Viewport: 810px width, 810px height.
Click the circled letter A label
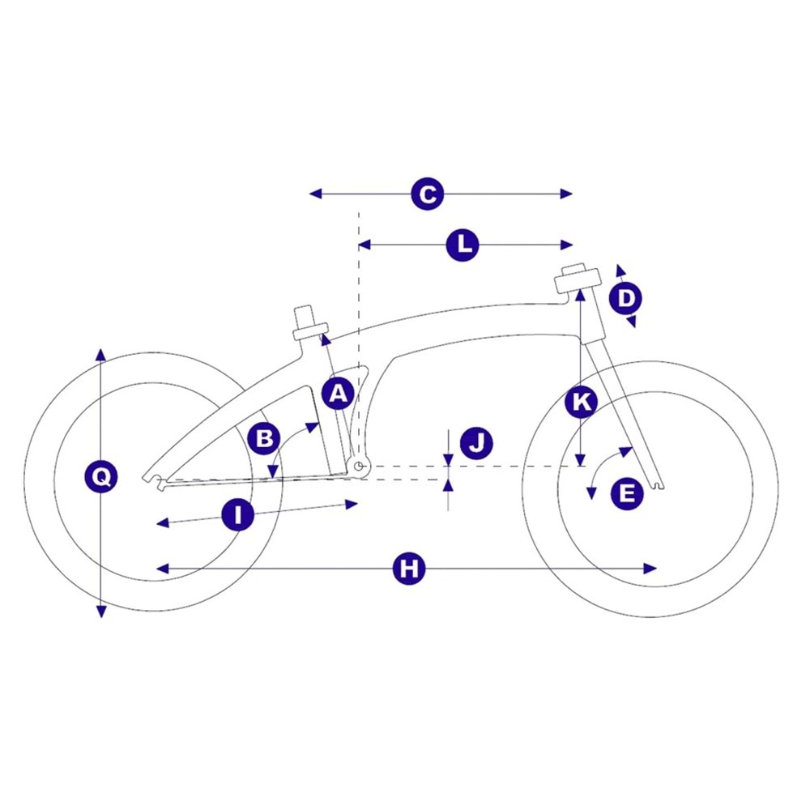point(338,394)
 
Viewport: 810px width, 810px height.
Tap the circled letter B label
point(264,438)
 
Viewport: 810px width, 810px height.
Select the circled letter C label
point(427,194)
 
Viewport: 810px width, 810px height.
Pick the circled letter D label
point(625,299)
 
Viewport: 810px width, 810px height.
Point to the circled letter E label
point(626,493)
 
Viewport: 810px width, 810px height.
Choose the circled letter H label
point(409,569)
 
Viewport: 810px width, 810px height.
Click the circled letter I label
point(237,514)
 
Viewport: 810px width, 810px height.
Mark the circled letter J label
point(476,442)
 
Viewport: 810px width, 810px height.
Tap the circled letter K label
point(581,402)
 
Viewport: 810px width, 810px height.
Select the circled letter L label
point(463,245)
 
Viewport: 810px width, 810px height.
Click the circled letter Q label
point(100,477)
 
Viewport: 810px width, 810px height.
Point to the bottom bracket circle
point(361,466)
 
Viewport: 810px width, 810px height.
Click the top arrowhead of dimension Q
point(100,354)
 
